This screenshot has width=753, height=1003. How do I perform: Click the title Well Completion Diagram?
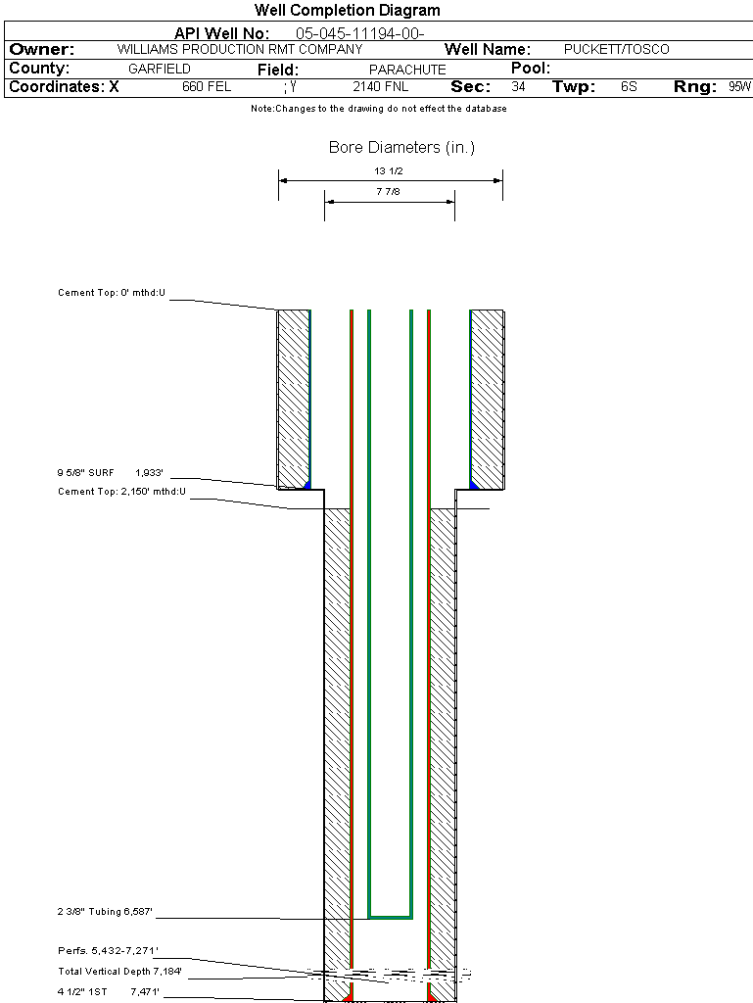[347, 10]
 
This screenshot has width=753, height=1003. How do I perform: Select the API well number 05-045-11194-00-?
[360, 33]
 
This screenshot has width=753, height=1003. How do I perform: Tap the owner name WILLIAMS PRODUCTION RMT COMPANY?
[240, 49]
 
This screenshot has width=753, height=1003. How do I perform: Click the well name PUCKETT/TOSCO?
[616, 49]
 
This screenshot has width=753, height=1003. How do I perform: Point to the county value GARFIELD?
[160, 69]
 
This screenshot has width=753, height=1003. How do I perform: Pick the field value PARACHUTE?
[407, 70]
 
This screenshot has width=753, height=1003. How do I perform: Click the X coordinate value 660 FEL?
[207, 86]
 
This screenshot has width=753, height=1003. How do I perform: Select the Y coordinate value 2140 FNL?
[380, 86]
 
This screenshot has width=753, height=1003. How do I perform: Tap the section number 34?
[518, 86]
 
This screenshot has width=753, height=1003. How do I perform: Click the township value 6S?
[629, 86]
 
